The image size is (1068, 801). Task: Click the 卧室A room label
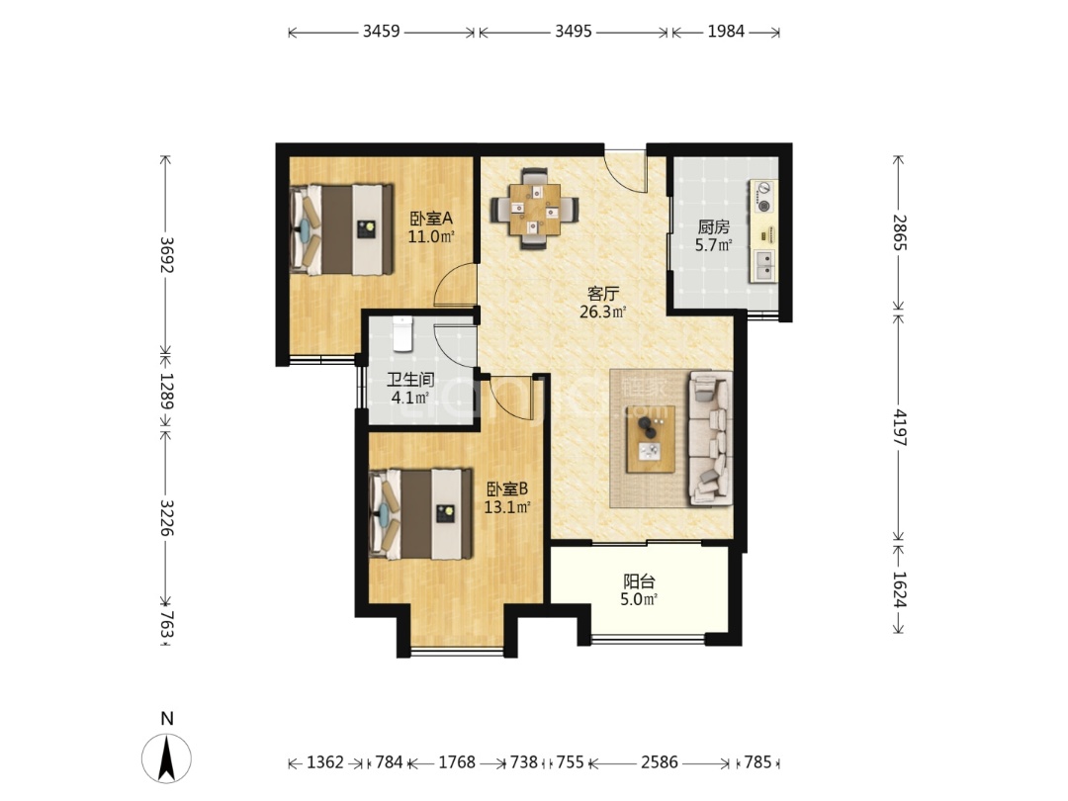[x=430, y=219]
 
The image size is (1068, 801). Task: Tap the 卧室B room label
[x=506, y=489]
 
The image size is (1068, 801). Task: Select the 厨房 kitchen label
[x=713, y=226]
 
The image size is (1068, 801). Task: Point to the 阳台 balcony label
[x=639, y=581]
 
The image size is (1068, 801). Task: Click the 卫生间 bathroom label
[x=410, y=380]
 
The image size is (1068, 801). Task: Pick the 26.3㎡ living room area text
[x=603, y=312]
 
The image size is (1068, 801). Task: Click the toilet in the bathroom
[x=402, y=333]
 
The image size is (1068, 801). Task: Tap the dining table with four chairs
[x=535, y=209]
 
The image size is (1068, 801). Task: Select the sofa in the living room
[x=711, y=439]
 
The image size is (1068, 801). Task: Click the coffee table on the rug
[x=651, y=439]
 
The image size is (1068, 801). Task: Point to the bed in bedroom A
[x=342, y=228]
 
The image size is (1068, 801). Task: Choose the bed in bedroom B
[x=421, y=514]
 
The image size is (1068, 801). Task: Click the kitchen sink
[x=764, y=266]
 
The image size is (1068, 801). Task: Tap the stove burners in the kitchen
[x=764, y=196]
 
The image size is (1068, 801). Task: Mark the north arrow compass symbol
[x=166, y=758]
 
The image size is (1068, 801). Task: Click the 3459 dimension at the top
[x=382, y=32]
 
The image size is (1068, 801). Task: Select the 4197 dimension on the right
[x=899, y=428]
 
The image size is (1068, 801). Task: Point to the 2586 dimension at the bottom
[x=660, y=762]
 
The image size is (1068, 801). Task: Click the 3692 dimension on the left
[x=166, y=255]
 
